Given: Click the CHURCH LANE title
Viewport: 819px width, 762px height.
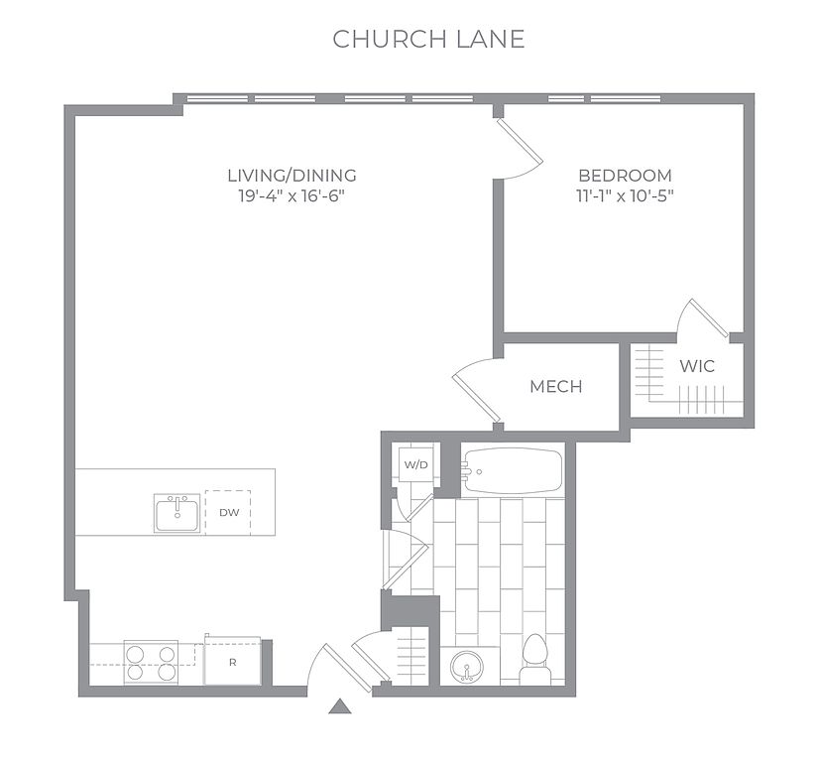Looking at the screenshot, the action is (428, 40).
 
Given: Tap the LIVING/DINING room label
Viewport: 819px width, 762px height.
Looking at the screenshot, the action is (292, 175).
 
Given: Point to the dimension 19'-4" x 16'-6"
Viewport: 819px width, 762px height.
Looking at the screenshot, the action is (292, 196).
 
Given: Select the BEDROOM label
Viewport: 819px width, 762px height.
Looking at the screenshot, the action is (625, 175).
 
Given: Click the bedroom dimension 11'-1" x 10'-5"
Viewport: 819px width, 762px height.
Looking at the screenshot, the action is (625, 196).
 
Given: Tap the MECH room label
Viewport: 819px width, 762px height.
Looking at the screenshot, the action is (555, 386).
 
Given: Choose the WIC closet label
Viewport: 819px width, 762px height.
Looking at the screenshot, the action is (697, 366).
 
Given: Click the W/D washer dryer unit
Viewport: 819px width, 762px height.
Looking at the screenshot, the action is (415, 464).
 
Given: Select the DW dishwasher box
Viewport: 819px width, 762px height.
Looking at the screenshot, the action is (228, 512).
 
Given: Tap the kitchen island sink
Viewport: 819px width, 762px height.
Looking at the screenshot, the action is (177, 513).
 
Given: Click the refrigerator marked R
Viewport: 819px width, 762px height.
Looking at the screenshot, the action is (232, 661).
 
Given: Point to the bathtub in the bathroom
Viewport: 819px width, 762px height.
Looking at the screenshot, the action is (513, 471).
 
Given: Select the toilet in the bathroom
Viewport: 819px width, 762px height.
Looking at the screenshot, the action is (534, 658).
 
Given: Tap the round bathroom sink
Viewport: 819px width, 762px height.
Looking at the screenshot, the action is (467, 667).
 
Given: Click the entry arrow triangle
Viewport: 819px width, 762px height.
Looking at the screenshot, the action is (340, 706).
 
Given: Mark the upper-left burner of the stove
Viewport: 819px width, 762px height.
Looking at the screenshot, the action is (135, 654).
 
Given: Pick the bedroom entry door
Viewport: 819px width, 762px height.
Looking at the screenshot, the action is (520, 141).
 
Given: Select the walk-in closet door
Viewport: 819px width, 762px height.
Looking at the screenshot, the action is (708, 317).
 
